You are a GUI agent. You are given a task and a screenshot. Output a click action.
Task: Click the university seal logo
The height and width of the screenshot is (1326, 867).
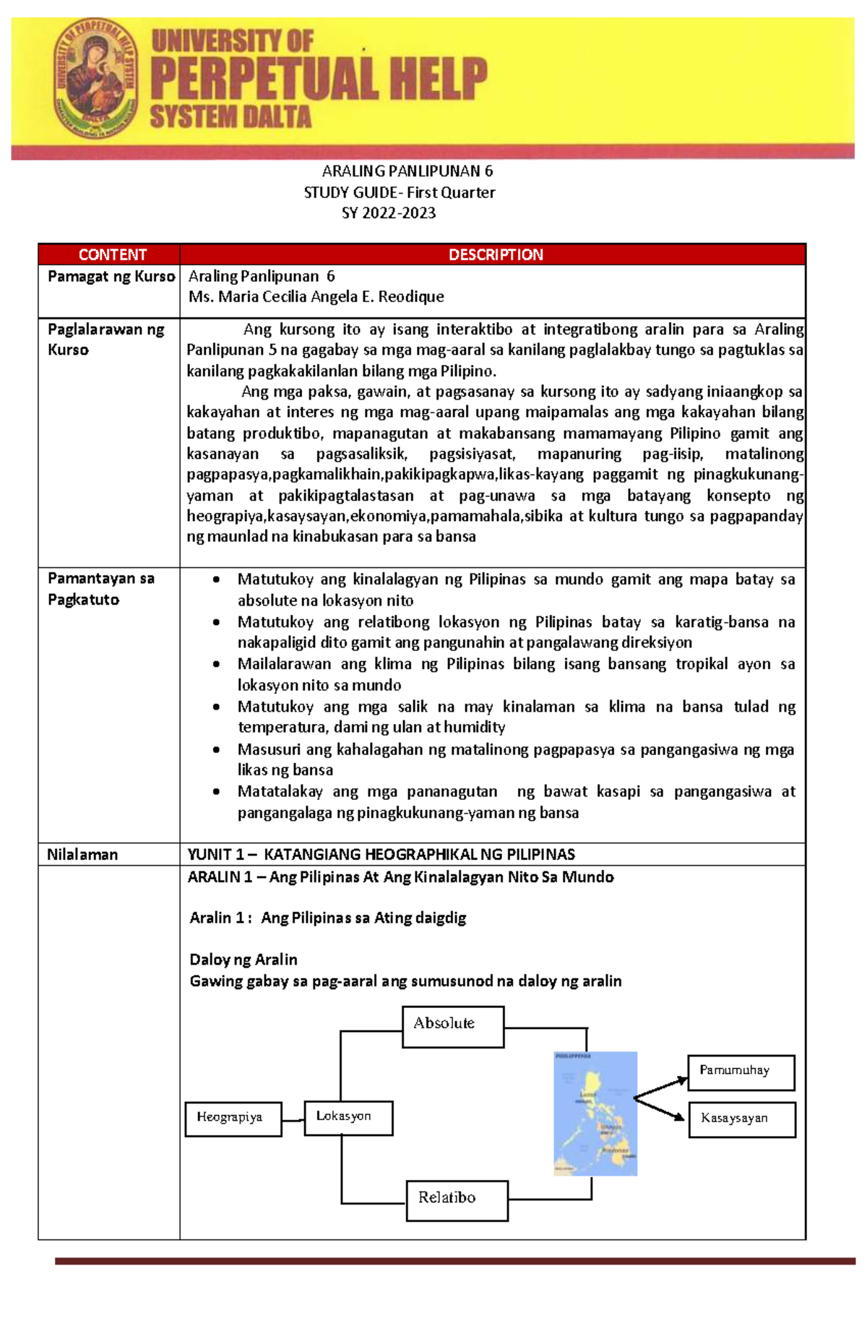[96, 79]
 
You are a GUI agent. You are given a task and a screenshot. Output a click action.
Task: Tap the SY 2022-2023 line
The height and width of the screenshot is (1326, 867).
[389, 213]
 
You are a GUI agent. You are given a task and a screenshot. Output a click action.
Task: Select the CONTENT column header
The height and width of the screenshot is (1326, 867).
[112, 254]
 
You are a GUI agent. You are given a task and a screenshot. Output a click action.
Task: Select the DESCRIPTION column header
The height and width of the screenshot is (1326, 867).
[495, 254]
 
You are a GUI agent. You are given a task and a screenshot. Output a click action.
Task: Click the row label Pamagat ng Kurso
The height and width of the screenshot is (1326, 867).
[111, 276]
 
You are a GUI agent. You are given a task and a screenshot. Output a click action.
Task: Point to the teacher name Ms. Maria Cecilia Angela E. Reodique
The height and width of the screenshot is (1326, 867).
[316, 296]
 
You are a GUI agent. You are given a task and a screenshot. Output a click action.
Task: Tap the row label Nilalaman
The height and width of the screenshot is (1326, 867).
[82, 854]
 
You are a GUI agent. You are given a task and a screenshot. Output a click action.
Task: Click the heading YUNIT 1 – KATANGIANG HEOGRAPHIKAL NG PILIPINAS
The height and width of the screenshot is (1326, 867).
[381, 854]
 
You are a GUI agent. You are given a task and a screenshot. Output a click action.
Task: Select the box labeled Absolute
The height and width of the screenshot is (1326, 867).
[452, 1026]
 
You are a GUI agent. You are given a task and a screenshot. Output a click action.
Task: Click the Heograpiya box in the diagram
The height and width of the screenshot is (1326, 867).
[233, 1118]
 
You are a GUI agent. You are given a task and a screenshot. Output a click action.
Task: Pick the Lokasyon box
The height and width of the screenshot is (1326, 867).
[348, 1117]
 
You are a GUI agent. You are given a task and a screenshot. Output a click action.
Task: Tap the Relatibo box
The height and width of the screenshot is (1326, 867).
[457, 1200]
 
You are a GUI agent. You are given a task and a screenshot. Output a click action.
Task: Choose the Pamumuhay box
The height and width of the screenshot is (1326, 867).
[741, 1072]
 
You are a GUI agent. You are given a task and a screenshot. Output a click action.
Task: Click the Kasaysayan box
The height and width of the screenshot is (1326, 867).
[741, 1119]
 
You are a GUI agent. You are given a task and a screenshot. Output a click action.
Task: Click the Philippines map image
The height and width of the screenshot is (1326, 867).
[595, 1114]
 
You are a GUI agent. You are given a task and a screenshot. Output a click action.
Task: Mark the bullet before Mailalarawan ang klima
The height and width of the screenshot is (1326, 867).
[216, 664]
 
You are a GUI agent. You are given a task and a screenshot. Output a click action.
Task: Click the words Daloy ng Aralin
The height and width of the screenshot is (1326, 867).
[243, 960]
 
